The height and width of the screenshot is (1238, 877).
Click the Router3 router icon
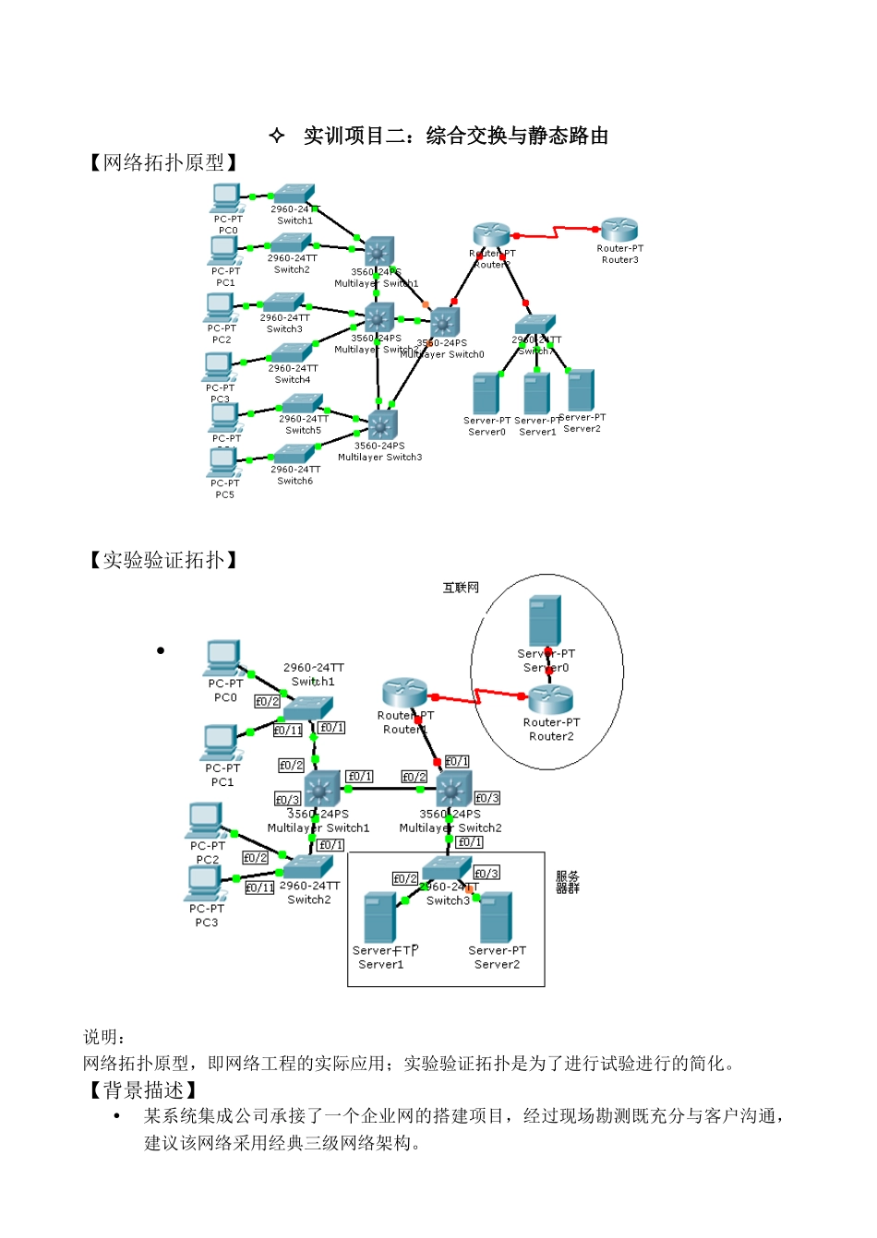[x=619, y=230]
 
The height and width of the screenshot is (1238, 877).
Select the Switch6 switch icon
[x=294, y=453]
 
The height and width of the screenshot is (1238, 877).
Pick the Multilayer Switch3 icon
[x=381, y=425]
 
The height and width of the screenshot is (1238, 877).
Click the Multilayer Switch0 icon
[x=444, y=323]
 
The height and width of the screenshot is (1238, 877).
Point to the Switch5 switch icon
[x=303, y=403]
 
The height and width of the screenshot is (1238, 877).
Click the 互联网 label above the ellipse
[x=461, y=588]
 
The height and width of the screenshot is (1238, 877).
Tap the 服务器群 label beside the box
[x=567, y=882]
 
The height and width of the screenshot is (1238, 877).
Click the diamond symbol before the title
[x=277, y=136]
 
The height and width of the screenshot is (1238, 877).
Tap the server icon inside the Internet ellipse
[x=545, y=621]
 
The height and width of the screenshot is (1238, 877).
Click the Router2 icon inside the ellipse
[x=551, y=698]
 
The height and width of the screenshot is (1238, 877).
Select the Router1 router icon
[x=403, y=694]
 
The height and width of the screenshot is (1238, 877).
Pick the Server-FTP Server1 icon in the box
[x=379, y=917]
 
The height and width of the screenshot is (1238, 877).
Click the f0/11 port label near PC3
[x=259, y=887]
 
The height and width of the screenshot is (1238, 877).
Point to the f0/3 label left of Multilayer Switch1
[x=288, y=799]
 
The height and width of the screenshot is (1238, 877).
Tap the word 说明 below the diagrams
[x=103, y=1037]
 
